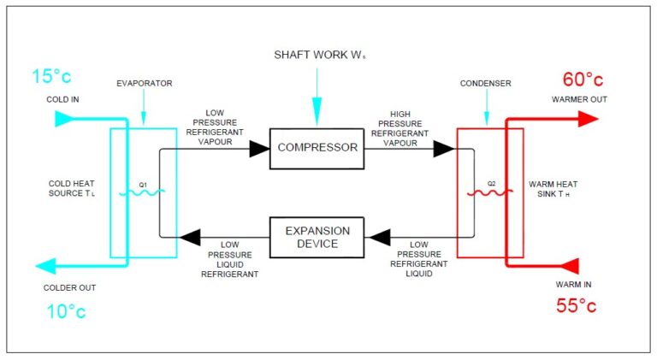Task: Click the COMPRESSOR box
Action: (317, 147)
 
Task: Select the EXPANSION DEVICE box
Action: (317, 237)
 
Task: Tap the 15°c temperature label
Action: (52, 77)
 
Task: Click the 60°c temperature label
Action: (583, 80)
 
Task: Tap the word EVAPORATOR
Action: (143, 84)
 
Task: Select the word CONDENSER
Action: (486, 84)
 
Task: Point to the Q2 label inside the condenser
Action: (491, 183)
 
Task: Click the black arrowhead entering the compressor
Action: (258, 149)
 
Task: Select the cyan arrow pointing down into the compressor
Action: (317, 107)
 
